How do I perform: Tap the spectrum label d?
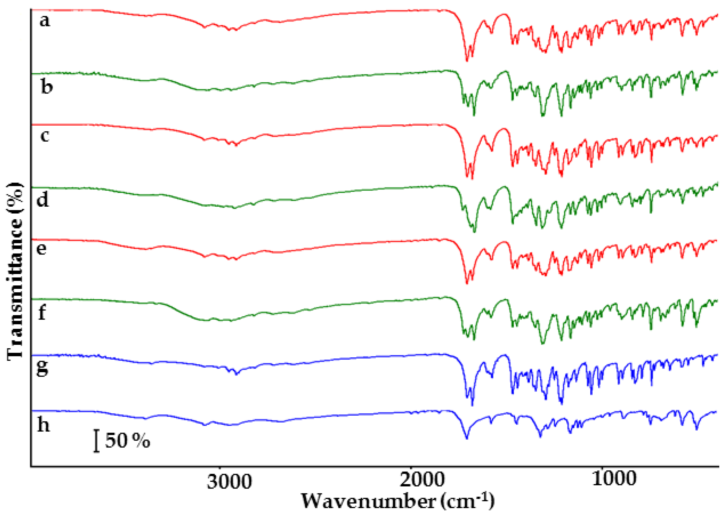click(x=43, y=199)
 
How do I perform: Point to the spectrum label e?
click(x=41, y=249)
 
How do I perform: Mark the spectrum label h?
click(x=43, y=425)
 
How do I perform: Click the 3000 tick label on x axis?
click(x=229, y=482)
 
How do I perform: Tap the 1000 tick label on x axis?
click(x=614, y=479)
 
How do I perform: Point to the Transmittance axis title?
click(x=15, y=270)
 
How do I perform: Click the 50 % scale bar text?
click(x=127, y=441)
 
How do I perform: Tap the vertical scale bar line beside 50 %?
click(x=96, y=441)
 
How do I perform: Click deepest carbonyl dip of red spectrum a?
click(x=467, y=60)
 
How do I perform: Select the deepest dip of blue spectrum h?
click(x=467, y=438)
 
